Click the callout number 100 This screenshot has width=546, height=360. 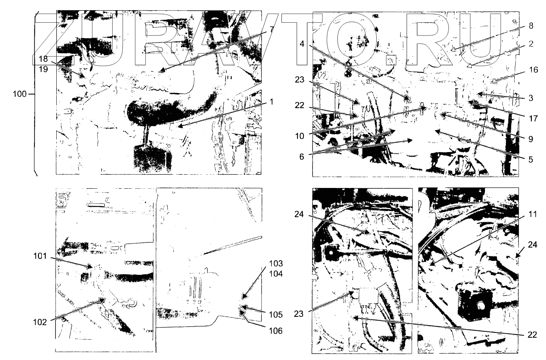pyautogui.click(x=20, y=94)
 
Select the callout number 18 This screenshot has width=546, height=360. pyautogui.click(x=43, y=59)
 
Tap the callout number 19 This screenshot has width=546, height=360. pyautogui.click(x=43, y=69)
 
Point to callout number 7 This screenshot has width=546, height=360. pyautogui.click(x=272, y=29)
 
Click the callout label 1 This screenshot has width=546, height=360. pyautogui.click(x=272, y=102)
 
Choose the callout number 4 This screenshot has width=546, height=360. pyautogui.click(x=302, y=44)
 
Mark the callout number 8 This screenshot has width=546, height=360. pyautogui.click(x=531, y=26)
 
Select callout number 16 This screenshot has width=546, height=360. pyautogui.click(x=533, y=70)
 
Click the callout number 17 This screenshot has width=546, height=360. pyautogui.click(x=533, y=118)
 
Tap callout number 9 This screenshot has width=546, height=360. pyautogui.click(x=531, y=139)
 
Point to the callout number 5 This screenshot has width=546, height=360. pyautogui.click(x=531, y=160)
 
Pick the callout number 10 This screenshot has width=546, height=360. pyautogui.click(x=300, y=136)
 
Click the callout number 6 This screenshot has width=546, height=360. pyautogui.click(x=302, y=157)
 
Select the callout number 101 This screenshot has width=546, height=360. pyautogui.click(x=40, y=256)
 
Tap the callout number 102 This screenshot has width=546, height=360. pyautogui.click(x=40, y=323)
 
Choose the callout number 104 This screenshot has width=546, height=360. pyautogui.click(x=276, y=274)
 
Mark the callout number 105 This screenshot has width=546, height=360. pyautogui.click(x=276, y=315)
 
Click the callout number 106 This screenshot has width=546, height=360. pyautogui.click(x=276, y=331)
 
